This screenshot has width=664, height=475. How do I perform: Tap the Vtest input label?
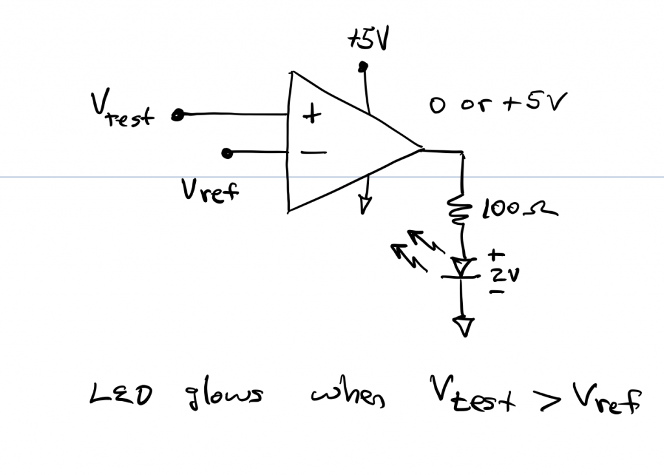123,113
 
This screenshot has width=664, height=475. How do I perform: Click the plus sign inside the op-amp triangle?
313,115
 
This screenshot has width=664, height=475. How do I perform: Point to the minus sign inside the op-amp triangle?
313,153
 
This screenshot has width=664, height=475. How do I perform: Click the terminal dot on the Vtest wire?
176,116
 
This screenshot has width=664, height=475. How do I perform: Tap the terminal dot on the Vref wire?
226,154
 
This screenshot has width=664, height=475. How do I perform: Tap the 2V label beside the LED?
503,275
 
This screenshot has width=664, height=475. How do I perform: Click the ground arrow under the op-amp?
364,204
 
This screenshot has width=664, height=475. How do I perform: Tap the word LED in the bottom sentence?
120,395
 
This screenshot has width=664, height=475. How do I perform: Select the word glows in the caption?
220,395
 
